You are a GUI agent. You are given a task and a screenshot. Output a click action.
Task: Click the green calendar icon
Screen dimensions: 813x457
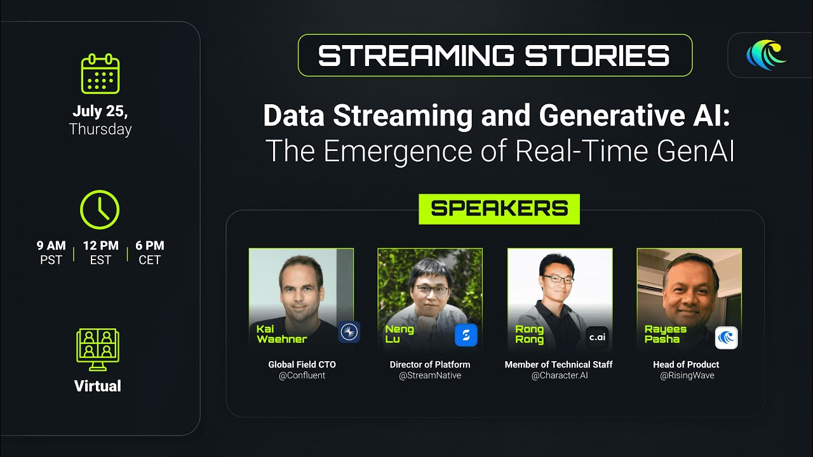(x=100, y=74)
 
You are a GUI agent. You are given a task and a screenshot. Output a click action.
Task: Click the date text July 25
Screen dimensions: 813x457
(x=100, y=111)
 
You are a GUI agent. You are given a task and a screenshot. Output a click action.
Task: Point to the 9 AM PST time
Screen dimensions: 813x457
(x=51, y=253)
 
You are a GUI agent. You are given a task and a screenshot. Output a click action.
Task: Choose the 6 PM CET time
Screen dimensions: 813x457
(x=149, y=253)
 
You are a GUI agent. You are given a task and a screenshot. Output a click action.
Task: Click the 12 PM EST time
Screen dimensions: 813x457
(x=100, y=253)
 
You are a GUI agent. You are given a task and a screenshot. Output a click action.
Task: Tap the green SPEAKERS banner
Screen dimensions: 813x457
(x=499, y=209)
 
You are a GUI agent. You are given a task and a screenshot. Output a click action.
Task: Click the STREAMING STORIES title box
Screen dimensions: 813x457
(x=495, y=55)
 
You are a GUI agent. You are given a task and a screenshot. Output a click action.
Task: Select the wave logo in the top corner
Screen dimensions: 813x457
(x=766, y=55)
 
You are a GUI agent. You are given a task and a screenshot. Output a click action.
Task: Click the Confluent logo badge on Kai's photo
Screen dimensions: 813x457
(x=349, y=331)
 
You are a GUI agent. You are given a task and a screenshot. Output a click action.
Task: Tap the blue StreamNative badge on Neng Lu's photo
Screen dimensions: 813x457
(x=466, y=334)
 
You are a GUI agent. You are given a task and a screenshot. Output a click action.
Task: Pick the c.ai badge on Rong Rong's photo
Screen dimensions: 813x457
(x=598, y=337)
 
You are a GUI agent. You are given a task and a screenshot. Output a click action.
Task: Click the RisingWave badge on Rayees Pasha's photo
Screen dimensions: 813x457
(x=726, y=337)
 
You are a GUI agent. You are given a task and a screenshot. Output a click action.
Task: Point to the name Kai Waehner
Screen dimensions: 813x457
(x=281, y=334)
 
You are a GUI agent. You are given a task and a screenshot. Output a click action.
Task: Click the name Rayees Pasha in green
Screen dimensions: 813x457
(x=665, y=334)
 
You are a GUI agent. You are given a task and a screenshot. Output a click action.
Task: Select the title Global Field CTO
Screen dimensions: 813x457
(x=302, y=364)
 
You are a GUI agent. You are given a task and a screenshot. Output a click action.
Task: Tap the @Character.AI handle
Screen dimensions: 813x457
(x=560, y=375)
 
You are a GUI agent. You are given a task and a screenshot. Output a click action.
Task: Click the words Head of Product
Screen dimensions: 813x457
(x=686, y=364)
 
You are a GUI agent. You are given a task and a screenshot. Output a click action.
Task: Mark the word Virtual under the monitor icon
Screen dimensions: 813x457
(x=98, y=386)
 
